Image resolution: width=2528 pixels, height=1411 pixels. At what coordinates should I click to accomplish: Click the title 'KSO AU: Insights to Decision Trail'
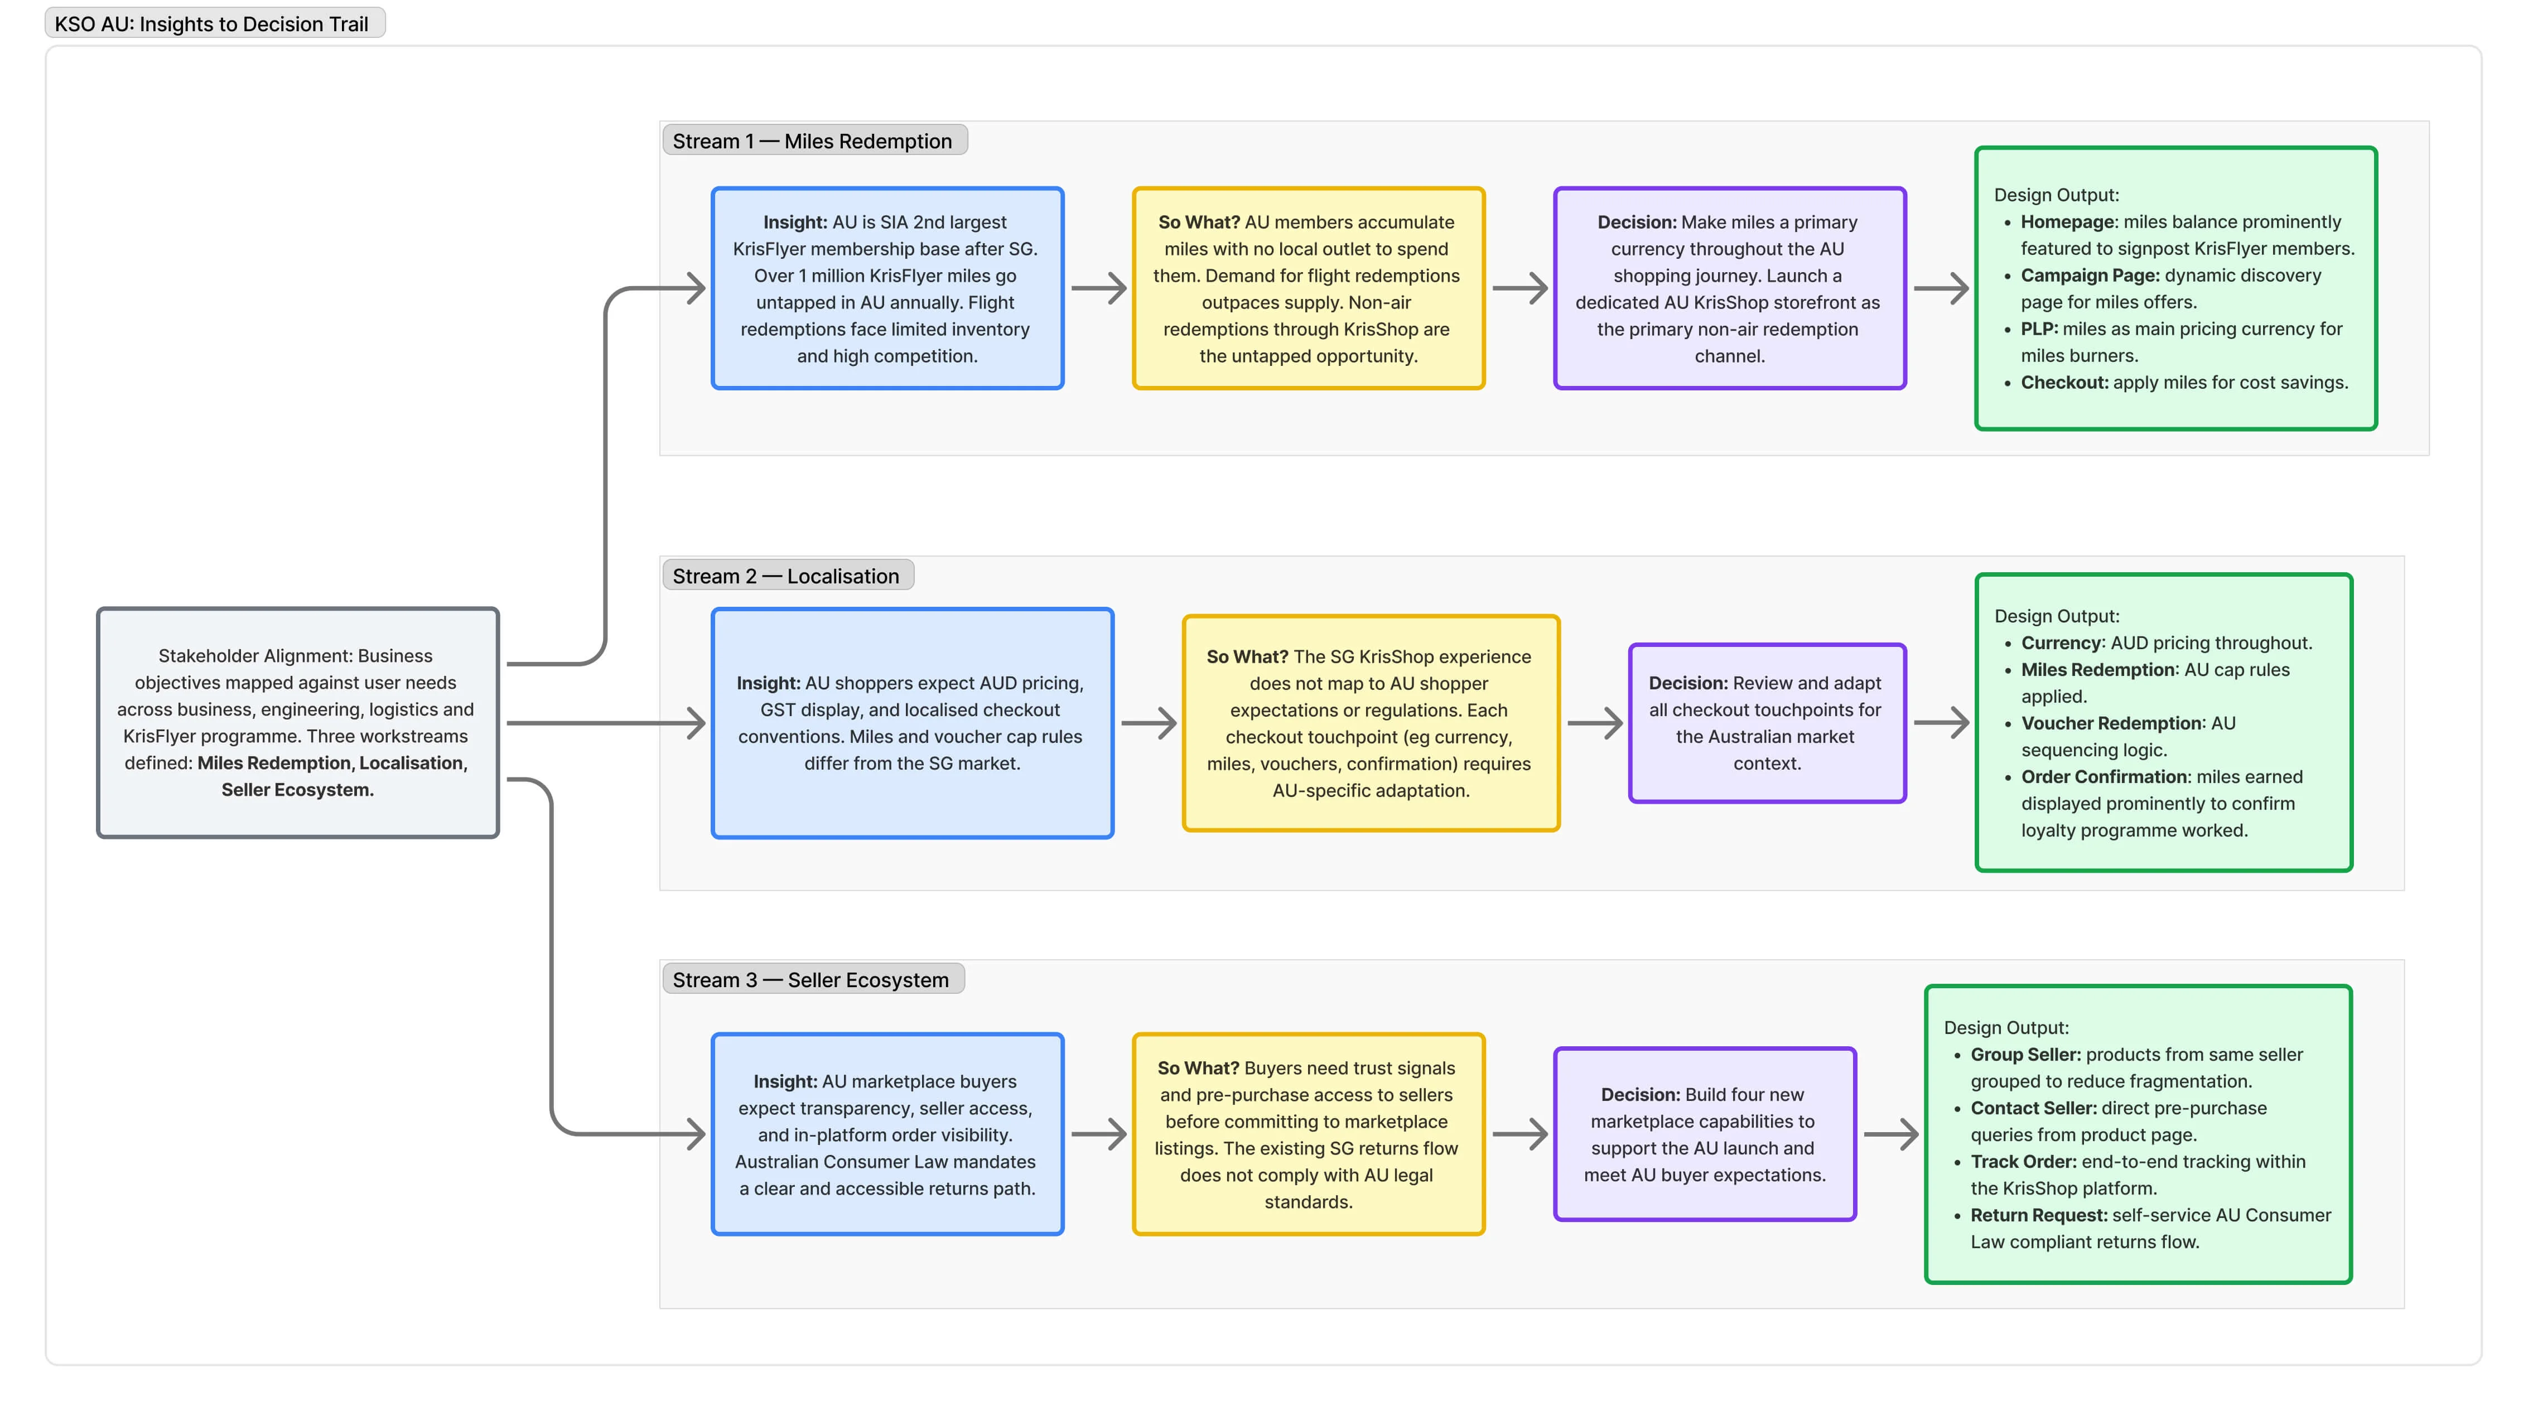coord(212,23)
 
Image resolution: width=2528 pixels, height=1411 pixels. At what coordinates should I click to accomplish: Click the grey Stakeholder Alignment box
coord(297,722)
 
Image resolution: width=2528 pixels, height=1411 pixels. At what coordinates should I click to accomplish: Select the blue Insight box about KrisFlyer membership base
coord(887,288)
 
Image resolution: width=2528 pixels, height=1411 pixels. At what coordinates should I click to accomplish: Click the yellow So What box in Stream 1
coord(1308,288)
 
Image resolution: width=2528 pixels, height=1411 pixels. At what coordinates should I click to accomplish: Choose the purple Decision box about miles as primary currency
coord(1729,288)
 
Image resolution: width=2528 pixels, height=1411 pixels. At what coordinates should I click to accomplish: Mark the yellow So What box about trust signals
coord(1308,1134)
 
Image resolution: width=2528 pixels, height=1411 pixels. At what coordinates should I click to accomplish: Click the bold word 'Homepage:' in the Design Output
coord(2069,222)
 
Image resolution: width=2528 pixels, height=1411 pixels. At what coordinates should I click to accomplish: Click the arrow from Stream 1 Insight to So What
coord(1098,288)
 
